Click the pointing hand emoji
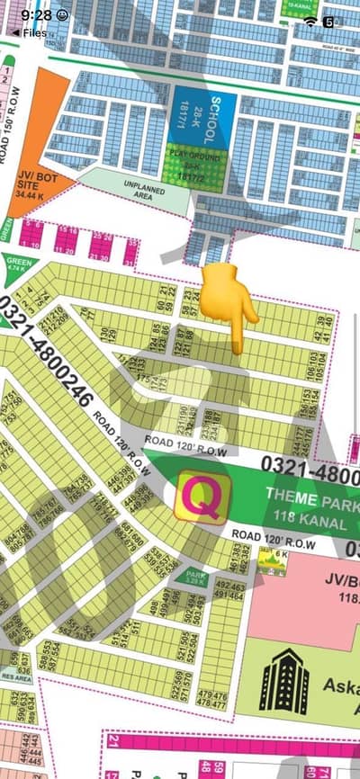229,304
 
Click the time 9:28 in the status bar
36,15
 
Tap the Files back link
30,32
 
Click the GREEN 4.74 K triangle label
18,265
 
